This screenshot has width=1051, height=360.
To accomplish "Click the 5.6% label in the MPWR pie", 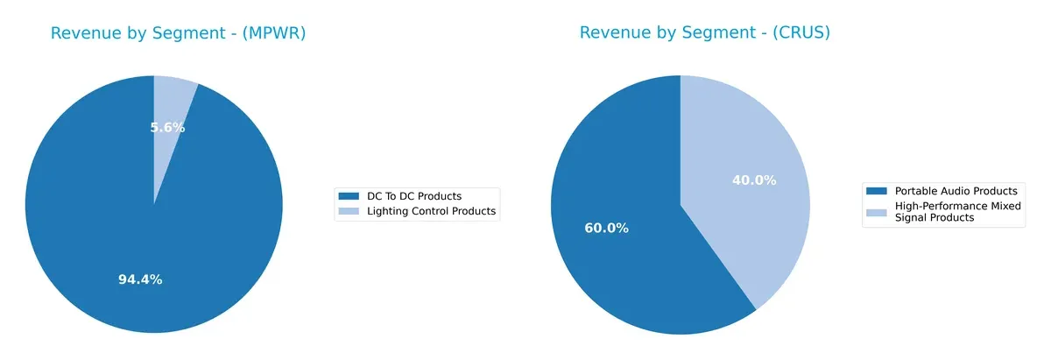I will coord(167,127).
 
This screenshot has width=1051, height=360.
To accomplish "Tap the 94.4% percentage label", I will coord(140,279).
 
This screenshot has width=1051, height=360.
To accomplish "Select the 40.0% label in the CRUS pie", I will coord(754,180).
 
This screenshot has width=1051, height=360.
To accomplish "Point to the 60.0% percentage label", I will coord(606,228).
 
